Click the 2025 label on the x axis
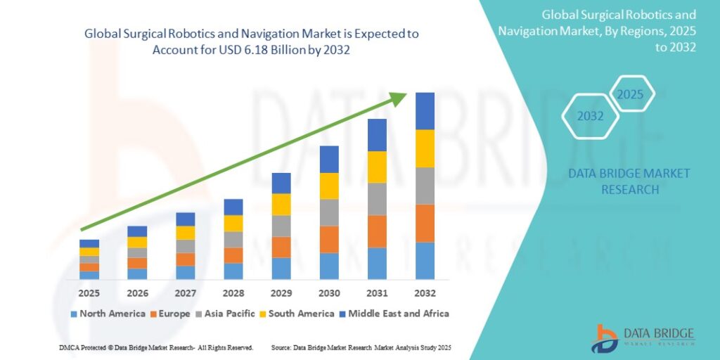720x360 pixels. tap(89, 292)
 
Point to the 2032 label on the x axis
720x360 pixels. tap(425, 292)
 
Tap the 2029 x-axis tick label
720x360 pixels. tap(281, 292)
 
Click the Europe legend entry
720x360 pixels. tap(169, 314)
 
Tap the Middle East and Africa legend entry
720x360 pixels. tap(394, 314)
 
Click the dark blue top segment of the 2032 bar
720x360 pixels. tap(425, 111)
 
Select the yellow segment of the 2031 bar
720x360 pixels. tap(377, 167)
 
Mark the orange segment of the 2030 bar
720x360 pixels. tap(329, 239)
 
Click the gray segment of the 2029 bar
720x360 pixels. tap(281, 226)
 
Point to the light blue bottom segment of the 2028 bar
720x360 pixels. tap(233, 271)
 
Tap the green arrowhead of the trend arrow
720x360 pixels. tap(399, 98)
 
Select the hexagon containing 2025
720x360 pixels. tap(631, 94)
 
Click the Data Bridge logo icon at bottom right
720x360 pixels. tap(605, 337)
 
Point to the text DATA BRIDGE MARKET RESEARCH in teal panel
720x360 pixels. tap(629, 181)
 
